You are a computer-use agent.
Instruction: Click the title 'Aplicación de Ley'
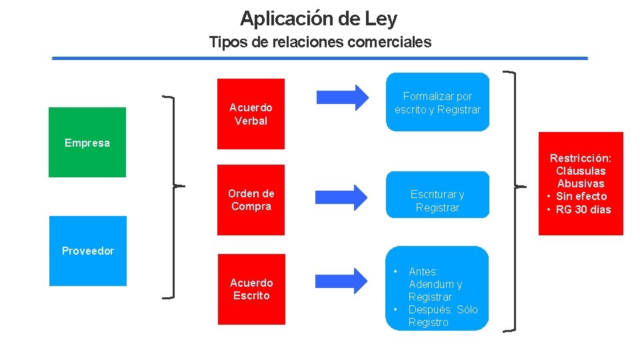[x=319, y=18]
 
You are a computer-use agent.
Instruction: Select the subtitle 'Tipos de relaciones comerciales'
[x=320, y=42]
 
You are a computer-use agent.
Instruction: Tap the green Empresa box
[x=87, y=142]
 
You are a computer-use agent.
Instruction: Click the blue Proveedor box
[x=87, y=251]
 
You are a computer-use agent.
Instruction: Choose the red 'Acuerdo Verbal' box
[x=251, y=114]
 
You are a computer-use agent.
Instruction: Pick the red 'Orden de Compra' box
[x=251, y=200]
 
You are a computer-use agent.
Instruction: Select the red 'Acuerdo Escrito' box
[x=251, y=289]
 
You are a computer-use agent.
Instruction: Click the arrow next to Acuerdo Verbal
[x=342, y=97]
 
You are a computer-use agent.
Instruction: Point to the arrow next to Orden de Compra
[x=342, y=196]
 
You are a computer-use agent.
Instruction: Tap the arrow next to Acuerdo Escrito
[x=342, y=280]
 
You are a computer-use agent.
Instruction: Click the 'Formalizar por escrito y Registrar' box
[x=437, y=103]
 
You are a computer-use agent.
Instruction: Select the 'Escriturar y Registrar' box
[x=437, y=201]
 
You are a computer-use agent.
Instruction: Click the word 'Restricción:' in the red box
[x=581, y=158]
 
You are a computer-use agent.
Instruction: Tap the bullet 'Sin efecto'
[x=581, y=196]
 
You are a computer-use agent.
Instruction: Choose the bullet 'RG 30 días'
[x=583, y=209]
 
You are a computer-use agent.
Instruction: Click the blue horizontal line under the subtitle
[x=320, y=59]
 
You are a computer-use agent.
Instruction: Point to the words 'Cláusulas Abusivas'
[x=581, y=177]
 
